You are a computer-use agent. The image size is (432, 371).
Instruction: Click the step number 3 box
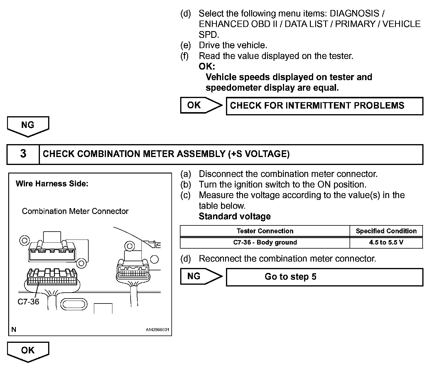(23, 154)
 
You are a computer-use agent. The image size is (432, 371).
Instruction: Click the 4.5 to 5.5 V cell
(386, 242)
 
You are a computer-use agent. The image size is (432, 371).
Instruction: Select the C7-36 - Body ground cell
(265, 242)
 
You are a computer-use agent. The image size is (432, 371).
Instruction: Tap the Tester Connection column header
(265, 231)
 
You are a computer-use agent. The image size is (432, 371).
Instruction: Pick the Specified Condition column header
(386, 231)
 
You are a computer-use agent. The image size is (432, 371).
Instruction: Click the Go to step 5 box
(324, 277)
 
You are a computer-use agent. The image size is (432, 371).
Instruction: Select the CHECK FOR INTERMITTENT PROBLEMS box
(324, 106)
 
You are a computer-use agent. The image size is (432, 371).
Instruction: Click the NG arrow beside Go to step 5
(201, 276)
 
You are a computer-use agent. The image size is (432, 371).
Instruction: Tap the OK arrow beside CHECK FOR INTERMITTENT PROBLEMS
(201, 105)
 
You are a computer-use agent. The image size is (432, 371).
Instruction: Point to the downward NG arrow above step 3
(28, 126)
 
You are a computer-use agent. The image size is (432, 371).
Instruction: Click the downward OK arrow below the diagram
(28, 351)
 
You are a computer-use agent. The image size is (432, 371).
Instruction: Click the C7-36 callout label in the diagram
(28, 302)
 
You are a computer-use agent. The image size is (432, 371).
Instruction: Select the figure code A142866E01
(158, 330)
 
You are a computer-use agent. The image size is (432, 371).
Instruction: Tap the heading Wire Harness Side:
(52, 184)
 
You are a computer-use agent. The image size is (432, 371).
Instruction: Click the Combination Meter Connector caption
(75, 211)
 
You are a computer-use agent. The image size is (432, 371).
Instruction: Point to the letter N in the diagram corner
(14, 330)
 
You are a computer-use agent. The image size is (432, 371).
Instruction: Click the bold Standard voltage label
(234, 217)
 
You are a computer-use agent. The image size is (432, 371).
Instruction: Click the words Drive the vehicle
(233, 45)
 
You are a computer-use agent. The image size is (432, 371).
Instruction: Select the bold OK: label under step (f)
(207, 67)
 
